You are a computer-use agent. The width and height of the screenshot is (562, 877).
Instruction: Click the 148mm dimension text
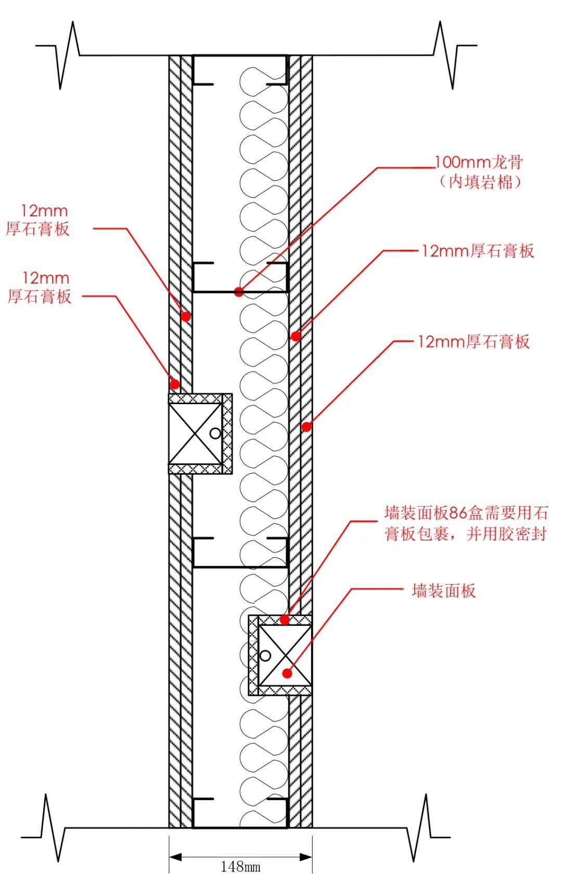point(240,867)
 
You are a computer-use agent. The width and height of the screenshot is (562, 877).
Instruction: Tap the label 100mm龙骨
point(478,162)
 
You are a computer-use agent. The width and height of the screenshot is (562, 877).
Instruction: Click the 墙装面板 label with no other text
point(443,591)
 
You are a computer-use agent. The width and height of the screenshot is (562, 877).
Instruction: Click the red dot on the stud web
point(239,292)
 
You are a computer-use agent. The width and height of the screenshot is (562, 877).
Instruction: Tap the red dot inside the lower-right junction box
point(287,673)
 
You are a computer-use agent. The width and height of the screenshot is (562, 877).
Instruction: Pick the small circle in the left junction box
point(215,433)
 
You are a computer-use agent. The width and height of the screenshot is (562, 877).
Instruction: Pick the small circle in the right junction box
point(265,655)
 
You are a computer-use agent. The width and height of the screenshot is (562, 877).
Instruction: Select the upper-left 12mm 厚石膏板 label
point(37,220)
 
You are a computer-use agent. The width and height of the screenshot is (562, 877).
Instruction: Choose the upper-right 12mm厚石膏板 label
point(477,251)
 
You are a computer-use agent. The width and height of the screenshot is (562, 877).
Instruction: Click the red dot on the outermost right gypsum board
point(306,427)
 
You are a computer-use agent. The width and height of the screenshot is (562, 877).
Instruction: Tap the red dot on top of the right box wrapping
point(285,620)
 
